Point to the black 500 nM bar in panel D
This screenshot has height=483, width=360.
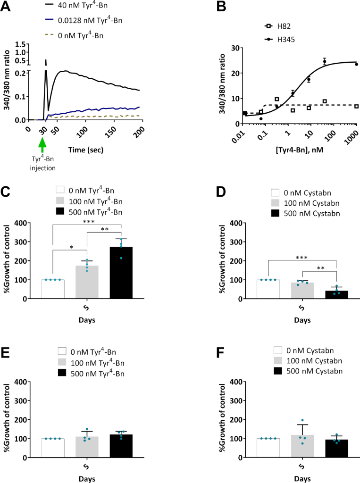(x=336, y=294)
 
